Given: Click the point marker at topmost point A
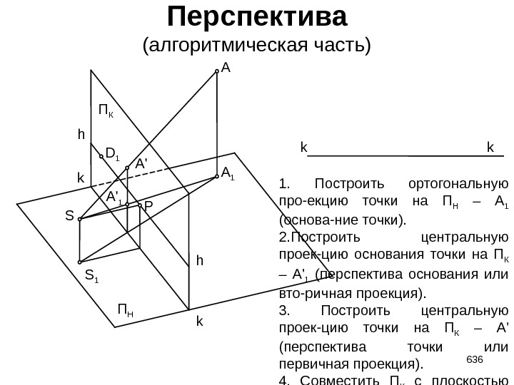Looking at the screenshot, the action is (216, 71).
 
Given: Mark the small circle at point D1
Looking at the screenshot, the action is (101, 156).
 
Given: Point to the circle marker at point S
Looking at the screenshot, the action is (79, 219).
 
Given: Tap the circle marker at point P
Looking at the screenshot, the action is (139, 205).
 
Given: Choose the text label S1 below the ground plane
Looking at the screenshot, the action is (91, 274).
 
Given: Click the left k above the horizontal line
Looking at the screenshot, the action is (303, 148).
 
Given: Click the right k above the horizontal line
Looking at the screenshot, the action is (490, 148).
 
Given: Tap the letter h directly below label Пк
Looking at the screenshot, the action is (81, 134).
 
